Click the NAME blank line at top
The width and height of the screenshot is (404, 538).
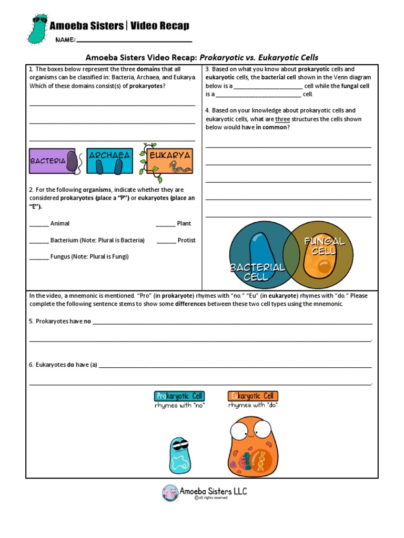134,40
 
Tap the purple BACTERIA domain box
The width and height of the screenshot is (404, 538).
55,161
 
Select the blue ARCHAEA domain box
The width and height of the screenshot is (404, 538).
109,161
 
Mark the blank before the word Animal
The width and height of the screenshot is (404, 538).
39,224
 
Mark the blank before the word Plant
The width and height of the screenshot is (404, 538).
166,224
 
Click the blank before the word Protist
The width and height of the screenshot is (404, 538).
166,241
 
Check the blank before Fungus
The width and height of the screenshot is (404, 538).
39,257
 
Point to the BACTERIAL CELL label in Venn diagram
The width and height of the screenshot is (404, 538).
257,272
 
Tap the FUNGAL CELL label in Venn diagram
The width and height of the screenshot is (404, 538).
324,246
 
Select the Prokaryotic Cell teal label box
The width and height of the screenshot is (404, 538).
179,396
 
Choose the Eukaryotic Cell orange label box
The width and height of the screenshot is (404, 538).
253,396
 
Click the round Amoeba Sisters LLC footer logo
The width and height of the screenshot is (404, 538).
170,492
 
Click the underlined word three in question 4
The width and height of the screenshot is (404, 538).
282,119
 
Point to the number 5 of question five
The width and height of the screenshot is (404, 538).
31,321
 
